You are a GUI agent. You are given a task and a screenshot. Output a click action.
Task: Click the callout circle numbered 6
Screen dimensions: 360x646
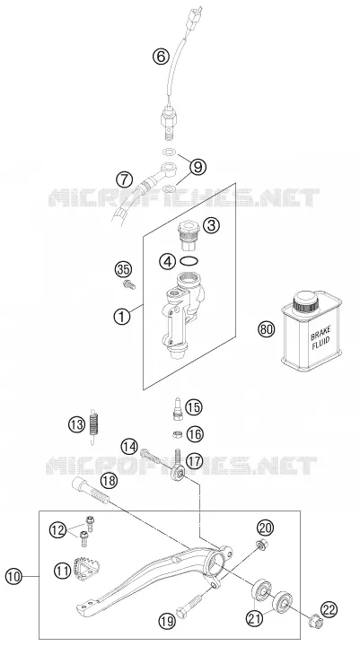click(x=161, y=56)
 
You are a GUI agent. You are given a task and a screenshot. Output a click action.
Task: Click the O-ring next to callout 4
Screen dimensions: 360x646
click(x=189, y=261)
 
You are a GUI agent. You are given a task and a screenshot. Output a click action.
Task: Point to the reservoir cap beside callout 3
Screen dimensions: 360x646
click(x=189, y=235)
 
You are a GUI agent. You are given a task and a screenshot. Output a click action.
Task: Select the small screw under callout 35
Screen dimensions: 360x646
click(x=128, y=284)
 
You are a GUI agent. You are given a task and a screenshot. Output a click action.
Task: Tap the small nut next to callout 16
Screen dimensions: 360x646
click(x=178, y=433)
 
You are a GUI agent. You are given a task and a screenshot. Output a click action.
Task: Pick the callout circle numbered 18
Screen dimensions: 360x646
click(x=107, y=480)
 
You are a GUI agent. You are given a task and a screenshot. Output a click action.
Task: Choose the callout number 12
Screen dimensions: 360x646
click(x=57, y=530)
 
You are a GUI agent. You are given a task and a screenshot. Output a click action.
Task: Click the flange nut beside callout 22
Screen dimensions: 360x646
click(x=315, y=619)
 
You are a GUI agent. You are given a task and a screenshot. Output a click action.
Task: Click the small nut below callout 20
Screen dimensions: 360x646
click(x=261, y=545)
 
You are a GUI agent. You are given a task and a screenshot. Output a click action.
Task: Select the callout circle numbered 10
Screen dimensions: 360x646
click(x=13, y=576)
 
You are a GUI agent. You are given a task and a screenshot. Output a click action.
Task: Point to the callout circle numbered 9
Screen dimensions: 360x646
click(x=198, y=167)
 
